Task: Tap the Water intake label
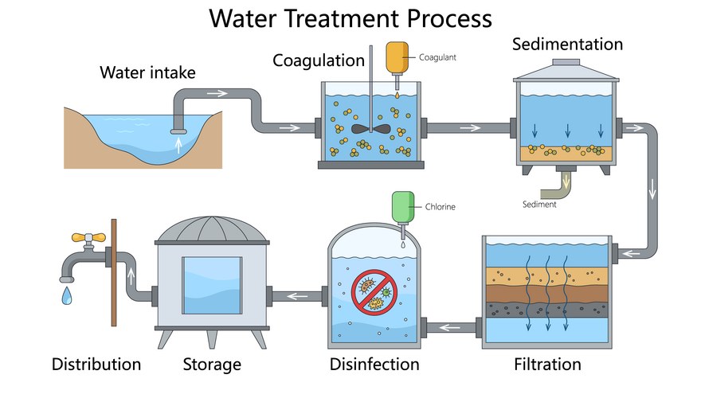[147, 73]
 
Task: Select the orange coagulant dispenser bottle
[395, 56]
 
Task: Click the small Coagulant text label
[437, 57]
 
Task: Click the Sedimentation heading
[567, 43]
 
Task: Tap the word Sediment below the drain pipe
[540, 205]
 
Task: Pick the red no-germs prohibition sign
[373, 292]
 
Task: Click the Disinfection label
[374, 365]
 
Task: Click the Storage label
[212, 365]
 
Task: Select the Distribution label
[96, 365]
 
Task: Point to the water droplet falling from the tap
[66, 295]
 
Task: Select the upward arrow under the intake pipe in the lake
[178, 145]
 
